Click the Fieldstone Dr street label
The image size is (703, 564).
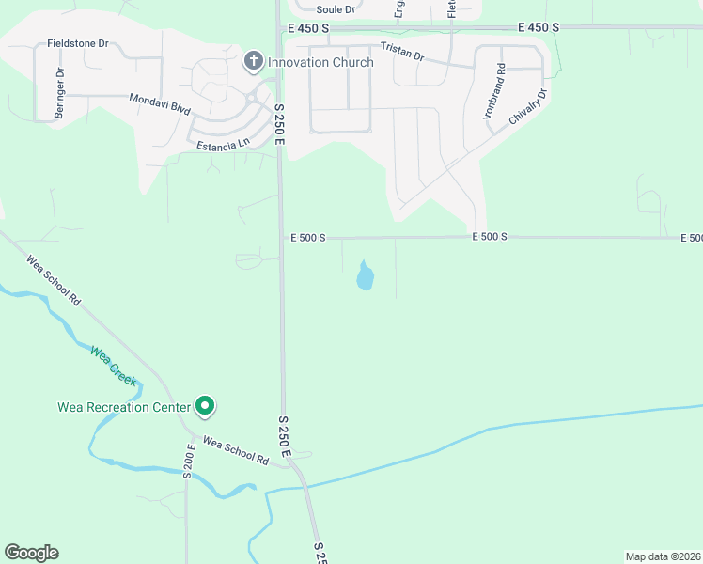(x=78, y=43)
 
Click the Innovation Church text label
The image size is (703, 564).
(x=320, y=62)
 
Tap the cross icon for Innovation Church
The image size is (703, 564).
(x=253, y=62)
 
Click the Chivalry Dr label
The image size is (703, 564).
(x=527, y=107)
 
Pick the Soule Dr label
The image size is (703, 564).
(x=336, y=9)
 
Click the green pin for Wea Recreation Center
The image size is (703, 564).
(x=205, y=406)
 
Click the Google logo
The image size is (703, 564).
(x=31, y=553)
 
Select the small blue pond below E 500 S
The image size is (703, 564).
(x=366, y=277)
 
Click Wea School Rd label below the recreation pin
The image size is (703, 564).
(x=235, y=450)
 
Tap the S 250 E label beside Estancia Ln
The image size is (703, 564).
(x=279, y=124)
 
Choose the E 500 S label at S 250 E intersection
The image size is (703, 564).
(x=306, y=238)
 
